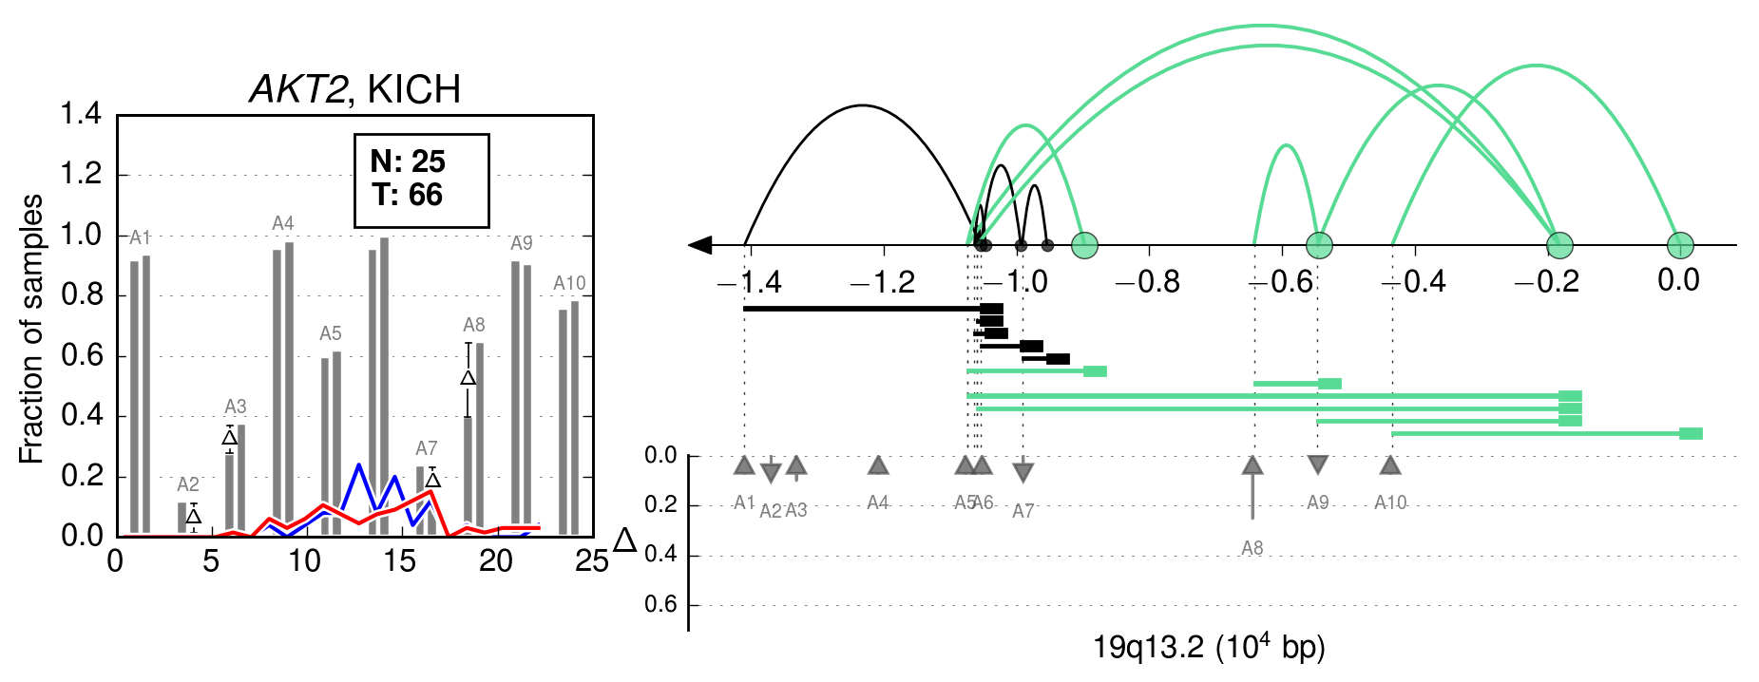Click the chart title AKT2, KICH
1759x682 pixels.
354,90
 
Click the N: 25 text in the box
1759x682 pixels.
408,161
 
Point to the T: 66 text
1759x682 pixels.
408,195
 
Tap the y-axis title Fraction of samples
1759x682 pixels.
31,330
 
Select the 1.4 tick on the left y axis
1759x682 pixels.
81,114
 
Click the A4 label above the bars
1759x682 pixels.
283,223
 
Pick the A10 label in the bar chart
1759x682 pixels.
569,283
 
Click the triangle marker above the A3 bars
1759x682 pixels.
229,437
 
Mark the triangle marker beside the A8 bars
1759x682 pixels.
468,378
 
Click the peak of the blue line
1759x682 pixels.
359,464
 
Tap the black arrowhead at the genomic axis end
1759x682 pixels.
700,245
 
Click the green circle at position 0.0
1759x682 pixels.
1680,245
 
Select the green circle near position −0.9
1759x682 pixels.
1084,245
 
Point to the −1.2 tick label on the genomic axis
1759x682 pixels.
883,281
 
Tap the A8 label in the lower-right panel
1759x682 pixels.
1252,548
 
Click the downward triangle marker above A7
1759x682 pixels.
1023,472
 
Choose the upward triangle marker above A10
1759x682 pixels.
1390,464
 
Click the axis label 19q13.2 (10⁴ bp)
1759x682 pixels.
1209,647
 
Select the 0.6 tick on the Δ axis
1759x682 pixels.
661,604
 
